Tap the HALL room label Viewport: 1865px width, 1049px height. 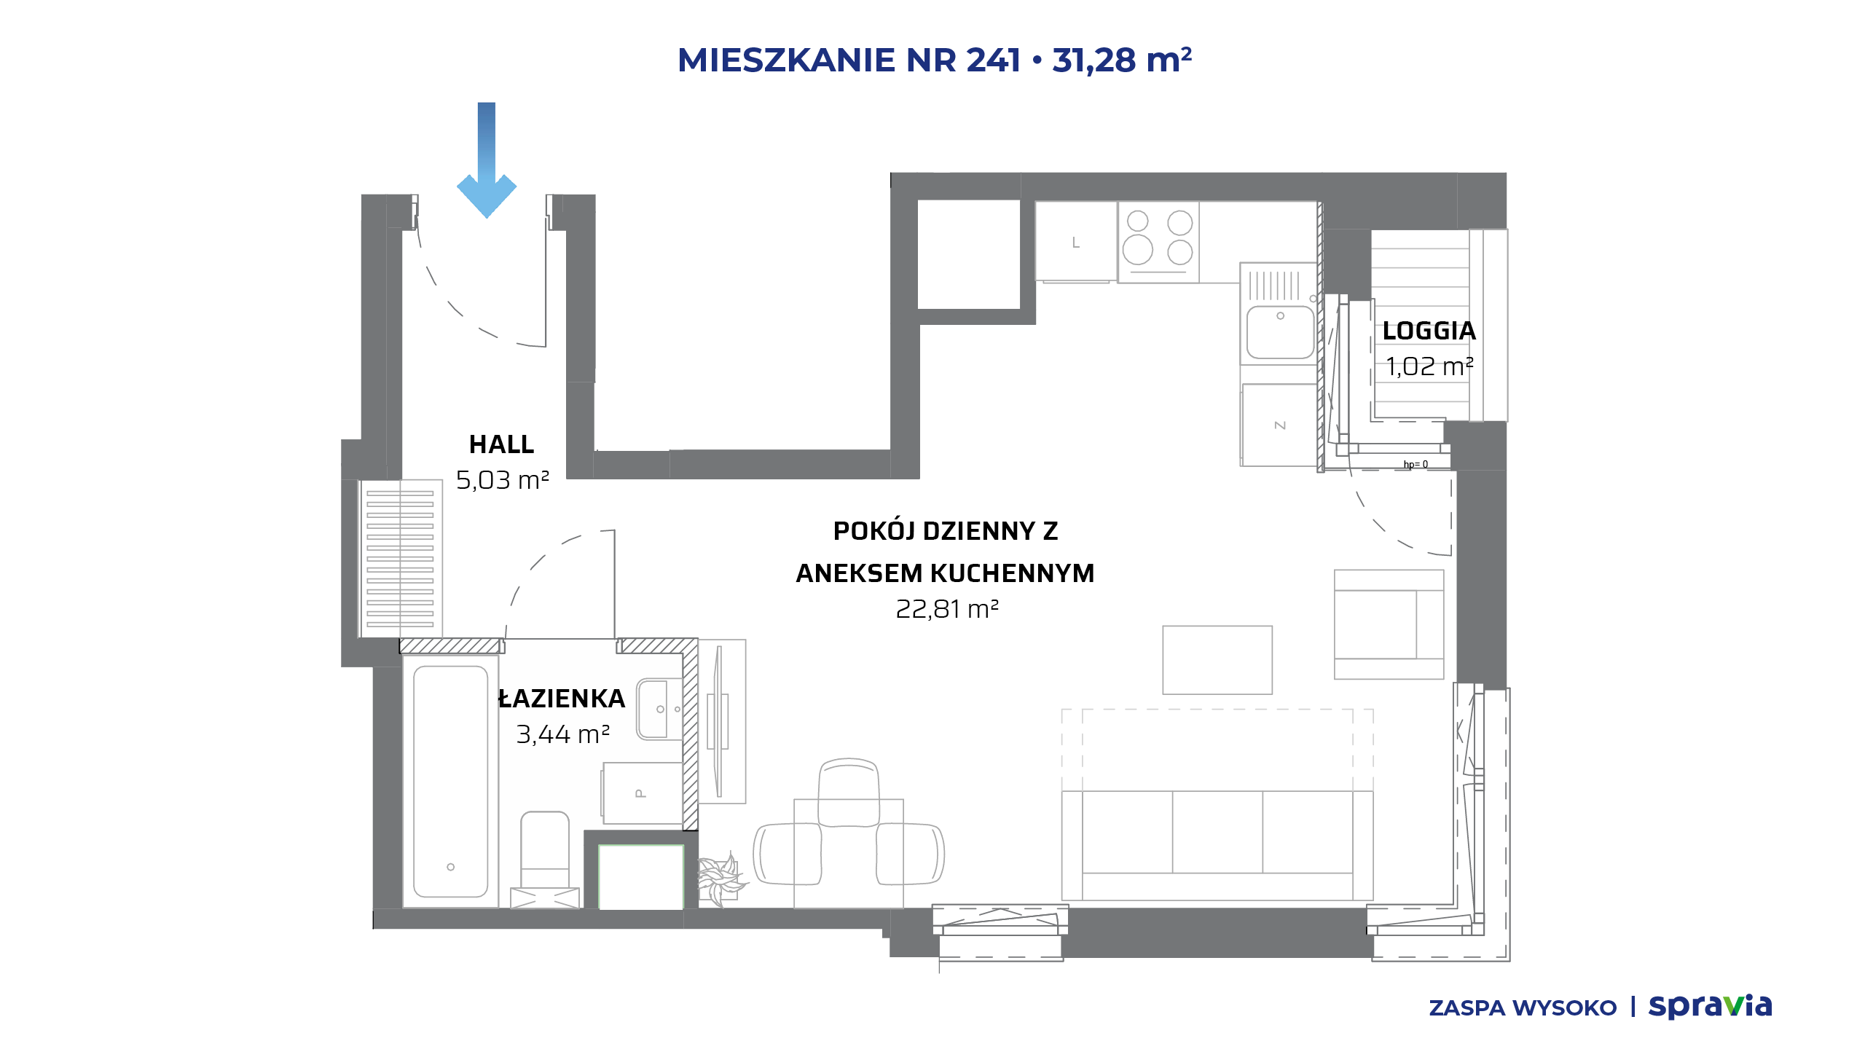pyautogui.click(x=501, y=444)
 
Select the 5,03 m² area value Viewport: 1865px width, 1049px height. pyautogui.click(x=502, y=480)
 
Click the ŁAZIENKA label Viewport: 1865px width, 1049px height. pyautogui.click(x=562, y=698)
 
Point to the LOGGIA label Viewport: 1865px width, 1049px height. pyautogui.click(x=1429, y=331)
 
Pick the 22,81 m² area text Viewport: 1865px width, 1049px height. pyautogui.click(x=946, y=608)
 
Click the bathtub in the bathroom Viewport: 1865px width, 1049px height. pyautogui.click(x=450, y=781)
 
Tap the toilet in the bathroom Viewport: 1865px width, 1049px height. pyautogui.click(x=545, y=860)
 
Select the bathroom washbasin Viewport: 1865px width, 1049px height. pyautogui.click(x=659, y=709)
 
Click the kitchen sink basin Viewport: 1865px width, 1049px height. pyautogui.click(x=1280, y=332)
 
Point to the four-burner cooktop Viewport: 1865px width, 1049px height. pyautogui.click(x=1158, y=243)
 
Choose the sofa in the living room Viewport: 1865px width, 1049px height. pyautogui.click(x=1217, y=845)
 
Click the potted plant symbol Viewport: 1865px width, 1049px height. pyautogui.click(x=721, y=879)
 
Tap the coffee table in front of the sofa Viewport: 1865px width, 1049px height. pyautogui.click(x=1217, y=660)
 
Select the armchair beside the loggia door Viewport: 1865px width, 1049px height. pyautogui.click(x=1389, y=624)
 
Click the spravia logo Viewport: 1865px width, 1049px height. pyautogui.click(x=1710, y=1006)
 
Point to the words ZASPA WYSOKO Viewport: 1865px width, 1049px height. pyautogui.click(x=1523, y=1008)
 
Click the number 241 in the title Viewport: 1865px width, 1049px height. pyautogui.click(x=993, y=60)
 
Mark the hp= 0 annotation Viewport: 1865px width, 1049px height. pyautogui.click(x=1416, y=464)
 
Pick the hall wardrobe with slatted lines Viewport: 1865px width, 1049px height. pyautogui.click(x=400, y=559)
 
